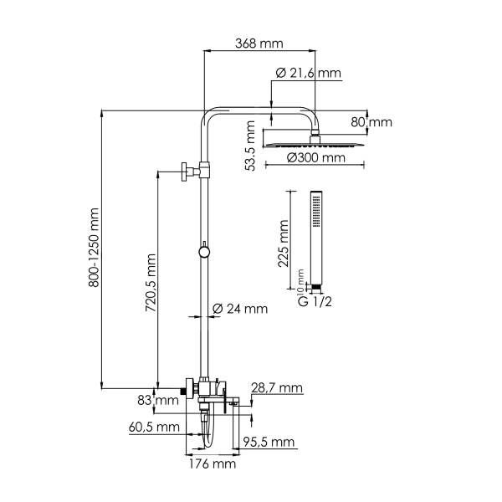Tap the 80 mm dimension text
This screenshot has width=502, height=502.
point(371,122)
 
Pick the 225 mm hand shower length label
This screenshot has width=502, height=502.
point(284,243)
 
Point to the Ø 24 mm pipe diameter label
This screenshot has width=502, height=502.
point(245,309)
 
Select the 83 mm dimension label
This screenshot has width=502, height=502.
point(159,401)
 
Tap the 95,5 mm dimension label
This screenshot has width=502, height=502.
point(269,442)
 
